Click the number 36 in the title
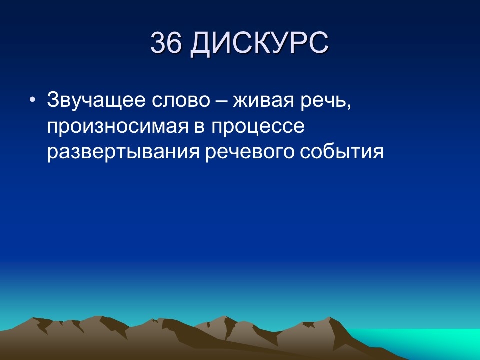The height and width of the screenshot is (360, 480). click(165, 44)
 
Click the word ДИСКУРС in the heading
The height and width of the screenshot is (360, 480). click(259, 44)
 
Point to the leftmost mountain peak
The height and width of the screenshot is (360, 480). click(36, 319)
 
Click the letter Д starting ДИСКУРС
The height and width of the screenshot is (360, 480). click(199, 44)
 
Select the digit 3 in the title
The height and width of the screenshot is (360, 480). click(158, 44)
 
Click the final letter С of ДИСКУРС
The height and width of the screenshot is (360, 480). click(318, 44)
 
